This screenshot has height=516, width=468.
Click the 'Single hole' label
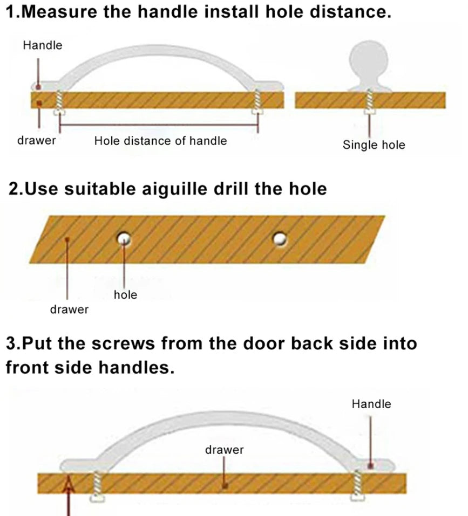(374, 145)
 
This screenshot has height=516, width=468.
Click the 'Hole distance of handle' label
(160, 141)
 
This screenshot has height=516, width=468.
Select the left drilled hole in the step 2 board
(124, 238)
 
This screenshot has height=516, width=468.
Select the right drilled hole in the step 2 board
(280, 239)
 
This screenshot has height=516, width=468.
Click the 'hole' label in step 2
(125, 294)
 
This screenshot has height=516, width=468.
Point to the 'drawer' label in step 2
(69, 309)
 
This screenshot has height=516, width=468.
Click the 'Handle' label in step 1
(43, 45)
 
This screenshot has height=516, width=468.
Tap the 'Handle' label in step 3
(371, 404)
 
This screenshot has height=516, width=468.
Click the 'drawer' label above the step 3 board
(225, 450)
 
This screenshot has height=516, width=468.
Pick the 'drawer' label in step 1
(36, 140)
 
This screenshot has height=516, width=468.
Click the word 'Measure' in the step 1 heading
(60, 12)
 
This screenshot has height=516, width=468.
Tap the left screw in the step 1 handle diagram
(59, 102)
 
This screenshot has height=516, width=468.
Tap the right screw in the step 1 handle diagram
(257, 102)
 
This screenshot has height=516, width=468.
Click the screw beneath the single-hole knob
(369, 102)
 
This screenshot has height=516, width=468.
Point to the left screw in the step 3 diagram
(97, 486)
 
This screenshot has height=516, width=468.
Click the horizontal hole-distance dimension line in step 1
(158, 125)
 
